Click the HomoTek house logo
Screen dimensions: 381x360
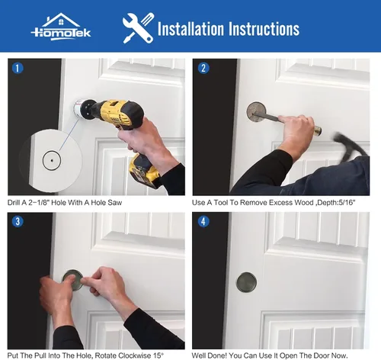[61, 27]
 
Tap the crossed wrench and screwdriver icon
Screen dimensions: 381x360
[138, 28]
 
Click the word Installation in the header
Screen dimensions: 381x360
[190, 28]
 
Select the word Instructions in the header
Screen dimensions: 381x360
[264, 28]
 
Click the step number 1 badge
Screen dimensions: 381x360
[18, 68]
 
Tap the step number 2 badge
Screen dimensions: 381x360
[203, 68]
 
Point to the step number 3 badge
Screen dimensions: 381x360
[18, 221]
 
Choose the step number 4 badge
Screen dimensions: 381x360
[203, 221]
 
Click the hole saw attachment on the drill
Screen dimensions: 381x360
[79, 108]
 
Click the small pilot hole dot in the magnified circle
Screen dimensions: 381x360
[52, 160]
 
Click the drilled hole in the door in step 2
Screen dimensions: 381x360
[257, 112]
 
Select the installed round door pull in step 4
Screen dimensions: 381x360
[246, 282]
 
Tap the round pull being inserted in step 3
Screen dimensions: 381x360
[72, 280]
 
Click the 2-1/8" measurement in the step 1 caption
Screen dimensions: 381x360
[39, 203]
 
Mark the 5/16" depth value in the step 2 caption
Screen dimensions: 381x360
[347, 203]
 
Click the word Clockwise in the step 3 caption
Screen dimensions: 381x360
[134, 355]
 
